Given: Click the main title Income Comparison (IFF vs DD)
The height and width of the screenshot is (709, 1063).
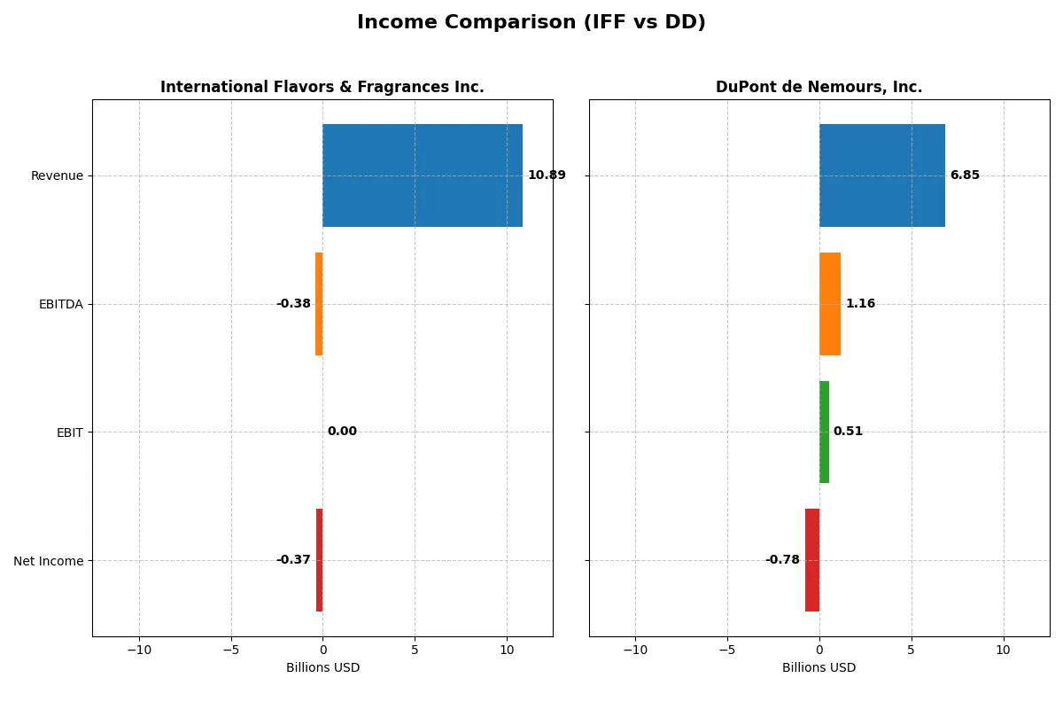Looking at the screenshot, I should click(531, 22).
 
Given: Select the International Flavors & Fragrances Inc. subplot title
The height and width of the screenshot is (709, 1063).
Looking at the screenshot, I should click(322, 87).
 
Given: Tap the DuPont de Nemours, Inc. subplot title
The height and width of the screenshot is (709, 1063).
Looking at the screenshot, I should click(819, 87).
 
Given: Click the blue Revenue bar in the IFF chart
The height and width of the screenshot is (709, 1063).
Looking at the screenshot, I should click(423, 175).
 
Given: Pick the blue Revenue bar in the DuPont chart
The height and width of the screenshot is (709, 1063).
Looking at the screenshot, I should click(882, 175).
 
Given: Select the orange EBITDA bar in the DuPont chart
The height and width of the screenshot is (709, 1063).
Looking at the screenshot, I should click(830, 304).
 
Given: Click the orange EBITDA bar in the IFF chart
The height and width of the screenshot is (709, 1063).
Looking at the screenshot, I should click(319, 304).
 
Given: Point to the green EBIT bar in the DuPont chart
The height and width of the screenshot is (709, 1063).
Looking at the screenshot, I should click(824, 432).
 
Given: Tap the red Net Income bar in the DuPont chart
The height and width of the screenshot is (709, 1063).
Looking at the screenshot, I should click(812, 560).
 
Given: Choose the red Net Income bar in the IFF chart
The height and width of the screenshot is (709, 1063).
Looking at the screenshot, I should click(320, 560).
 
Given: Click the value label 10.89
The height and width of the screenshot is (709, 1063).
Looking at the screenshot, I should click(547, 175).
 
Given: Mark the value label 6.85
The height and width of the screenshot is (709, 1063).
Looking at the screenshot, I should click(965, 175).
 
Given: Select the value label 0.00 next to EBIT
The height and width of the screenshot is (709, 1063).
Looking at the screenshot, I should click(342, 432).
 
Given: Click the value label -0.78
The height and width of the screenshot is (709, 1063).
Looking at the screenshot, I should click(782, 560).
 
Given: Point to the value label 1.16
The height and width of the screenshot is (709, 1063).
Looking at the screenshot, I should click(860, 304).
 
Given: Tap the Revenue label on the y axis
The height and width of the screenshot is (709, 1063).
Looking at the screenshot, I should click(57, 175).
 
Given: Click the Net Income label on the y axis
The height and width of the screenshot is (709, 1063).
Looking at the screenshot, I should click(49, 560).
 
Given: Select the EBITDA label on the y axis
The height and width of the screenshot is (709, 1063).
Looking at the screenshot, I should click(61, 304).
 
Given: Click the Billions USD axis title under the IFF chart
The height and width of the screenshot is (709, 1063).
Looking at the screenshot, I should click(322, 667).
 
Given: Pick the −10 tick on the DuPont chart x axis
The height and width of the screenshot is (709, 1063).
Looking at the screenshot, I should click(635, 650).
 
